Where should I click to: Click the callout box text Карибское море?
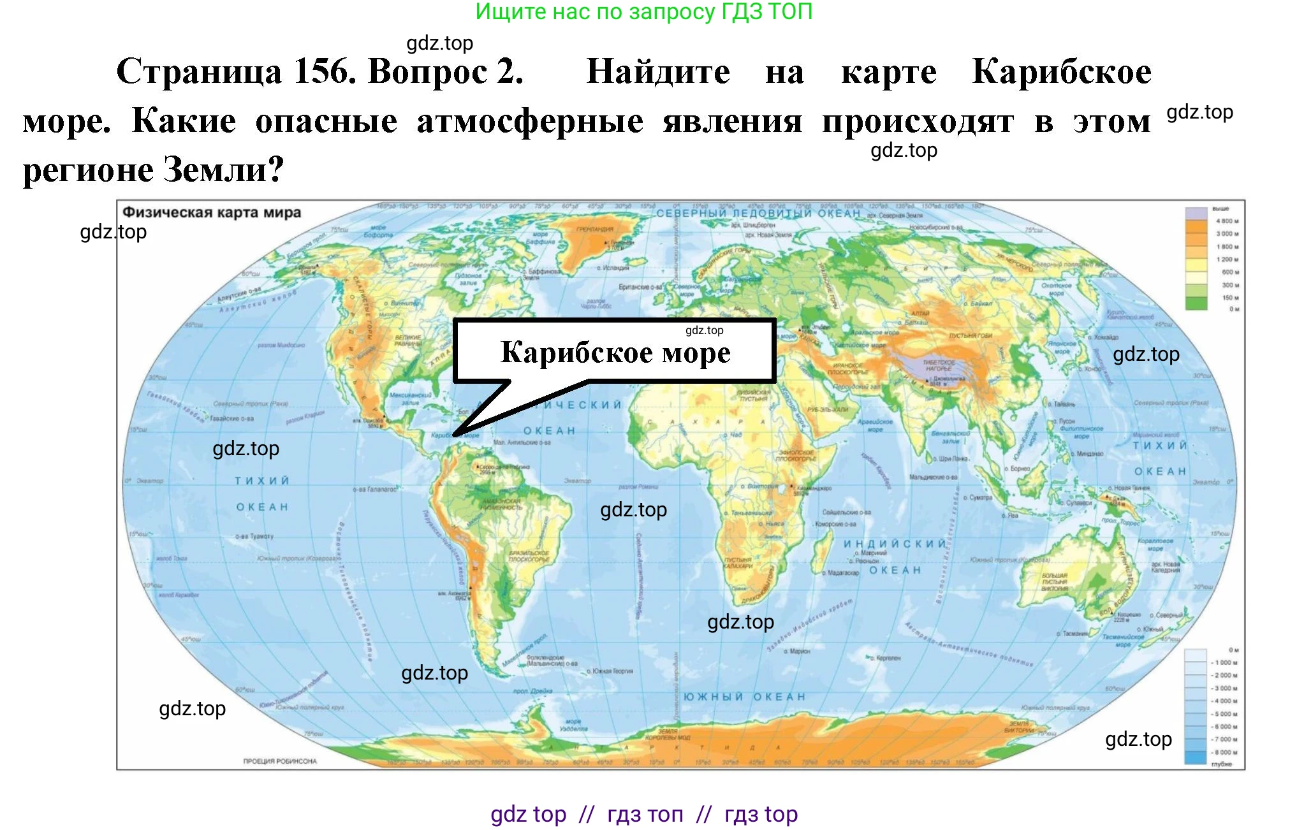[615, 353]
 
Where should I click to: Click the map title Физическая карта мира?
[211, 212]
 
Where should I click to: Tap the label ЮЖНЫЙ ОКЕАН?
[744, 697]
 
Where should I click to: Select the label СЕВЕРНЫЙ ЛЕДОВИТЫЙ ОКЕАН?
[758, 213]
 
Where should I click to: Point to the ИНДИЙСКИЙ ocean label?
[895, 544]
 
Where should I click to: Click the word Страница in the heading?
[199, 71]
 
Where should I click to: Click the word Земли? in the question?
[223, 170]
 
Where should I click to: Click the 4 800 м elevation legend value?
[1227, 221]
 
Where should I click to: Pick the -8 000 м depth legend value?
[1224, 752]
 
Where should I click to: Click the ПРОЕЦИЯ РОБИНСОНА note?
[279, 761]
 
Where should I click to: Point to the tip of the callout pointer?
[454, 435]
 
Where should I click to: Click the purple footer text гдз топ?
[645, 814]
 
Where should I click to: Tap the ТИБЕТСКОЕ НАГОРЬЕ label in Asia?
[938, 365]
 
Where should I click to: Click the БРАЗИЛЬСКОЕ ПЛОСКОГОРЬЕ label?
[529, 556]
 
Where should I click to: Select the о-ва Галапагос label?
[375, 490]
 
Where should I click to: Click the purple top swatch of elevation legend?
[1196, 213]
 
